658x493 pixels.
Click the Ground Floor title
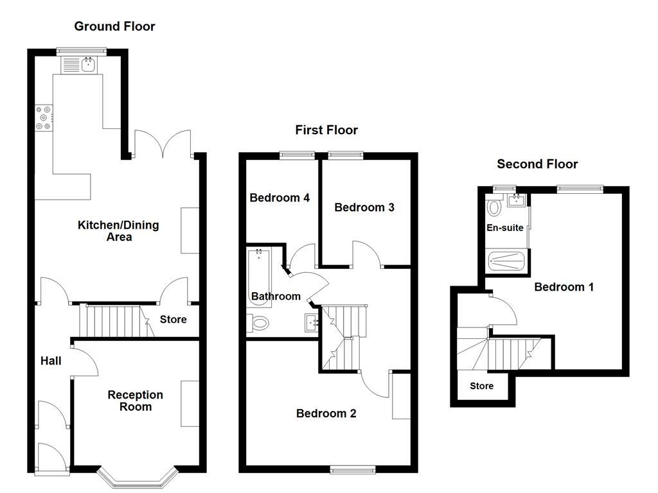[x=114, y=26]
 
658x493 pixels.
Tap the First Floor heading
[x=326, y=130]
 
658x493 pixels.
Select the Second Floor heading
[x=537, y=164]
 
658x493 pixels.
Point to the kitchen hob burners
[x=44, y=117]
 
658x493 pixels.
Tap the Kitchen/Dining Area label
[x=118, y=231]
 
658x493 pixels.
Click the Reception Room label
[x=135, y=401]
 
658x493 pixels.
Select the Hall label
[x=51, y=361]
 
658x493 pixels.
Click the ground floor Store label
[x=173, y=320]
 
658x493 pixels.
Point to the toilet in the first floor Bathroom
[x=258, y=324]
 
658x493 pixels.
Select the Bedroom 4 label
[x=280, y=198]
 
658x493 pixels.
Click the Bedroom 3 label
[x=364, y=207]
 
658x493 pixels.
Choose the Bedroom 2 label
[x=326, y=413]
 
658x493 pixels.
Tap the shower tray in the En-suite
[x=507, y=262]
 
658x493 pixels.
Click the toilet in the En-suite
[x=494, y=207]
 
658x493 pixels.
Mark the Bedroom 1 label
[x=564, y=287]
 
